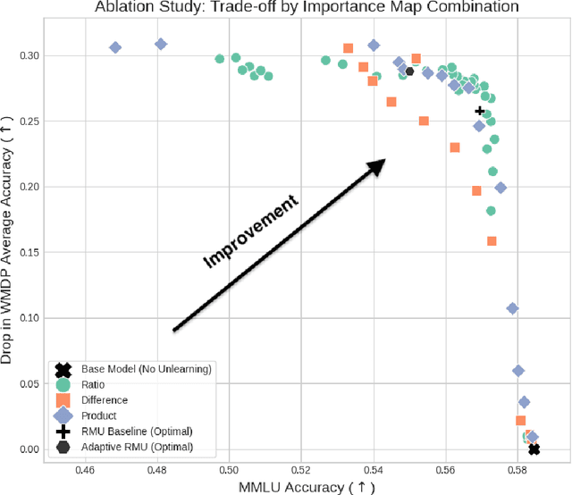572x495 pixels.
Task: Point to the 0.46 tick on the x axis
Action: [85, 467]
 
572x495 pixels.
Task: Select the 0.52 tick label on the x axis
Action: [301, 467]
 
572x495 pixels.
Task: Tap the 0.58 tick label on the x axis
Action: [517, 467]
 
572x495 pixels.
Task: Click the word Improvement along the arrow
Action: [250, 232]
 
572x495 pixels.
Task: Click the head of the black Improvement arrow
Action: [382, 162]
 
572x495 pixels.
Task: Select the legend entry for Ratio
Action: [94, 385]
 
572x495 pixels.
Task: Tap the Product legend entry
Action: [99, 415]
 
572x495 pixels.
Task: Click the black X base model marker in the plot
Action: [534, 449]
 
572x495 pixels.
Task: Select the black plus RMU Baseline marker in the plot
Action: [480, 112]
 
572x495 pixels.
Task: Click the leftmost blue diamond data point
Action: [115, 48]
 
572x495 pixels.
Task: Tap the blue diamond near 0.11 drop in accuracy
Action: [513, 308]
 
